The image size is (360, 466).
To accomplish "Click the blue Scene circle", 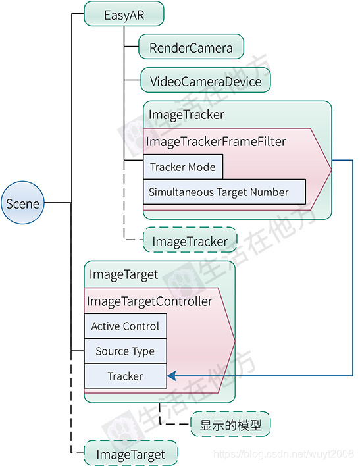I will tap(22, 203).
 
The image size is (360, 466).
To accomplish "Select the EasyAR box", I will tap(124, 15).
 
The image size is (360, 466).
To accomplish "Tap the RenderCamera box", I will tap(191, 48).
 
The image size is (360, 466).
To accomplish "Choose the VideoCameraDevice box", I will tap(205, 82).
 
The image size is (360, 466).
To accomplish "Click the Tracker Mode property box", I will tap(182, 167).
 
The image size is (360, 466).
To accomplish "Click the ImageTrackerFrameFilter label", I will tap(215, 142).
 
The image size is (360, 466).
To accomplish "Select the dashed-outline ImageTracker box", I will tap(190, 242).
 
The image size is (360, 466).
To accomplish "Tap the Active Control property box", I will tap(125, 326).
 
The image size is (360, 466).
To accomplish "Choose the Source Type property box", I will tap(125, 351).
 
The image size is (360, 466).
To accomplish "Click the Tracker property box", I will tap(125, 376).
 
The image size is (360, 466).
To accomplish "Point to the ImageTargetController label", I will tap(149, 301).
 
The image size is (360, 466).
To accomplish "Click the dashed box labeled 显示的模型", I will tap(230, 425).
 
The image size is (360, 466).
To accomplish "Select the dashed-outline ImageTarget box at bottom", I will tap(132, 453).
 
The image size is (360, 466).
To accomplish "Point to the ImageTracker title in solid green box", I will tap(186, 115).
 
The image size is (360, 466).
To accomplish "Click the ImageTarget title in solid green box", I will tap(124, 274).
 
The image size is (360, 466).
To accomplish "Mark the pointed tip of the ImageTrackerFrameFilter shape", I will tap(330, 160).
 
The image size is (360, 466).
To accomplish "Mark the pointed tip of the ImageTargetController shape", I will tap(234, 342).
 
